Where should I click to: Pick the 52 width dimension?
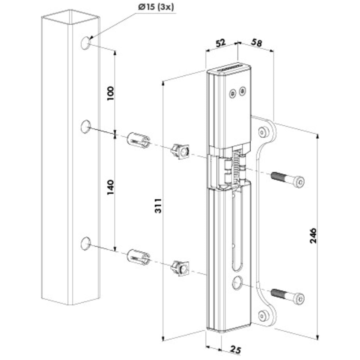coord(220,43)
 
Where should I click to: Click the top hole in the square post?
coord(85,43)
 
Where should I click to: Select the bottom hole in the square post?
coord(85,243)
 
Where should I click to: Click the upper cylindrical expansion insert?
coord(139,140)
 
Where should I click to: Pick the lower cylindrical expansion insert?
coord(139,257)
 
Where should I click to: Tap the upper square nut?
coord(181,151)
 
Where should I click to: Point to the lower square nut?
coord(181,268)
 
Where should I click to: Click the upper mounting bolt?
coord(288,179)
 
